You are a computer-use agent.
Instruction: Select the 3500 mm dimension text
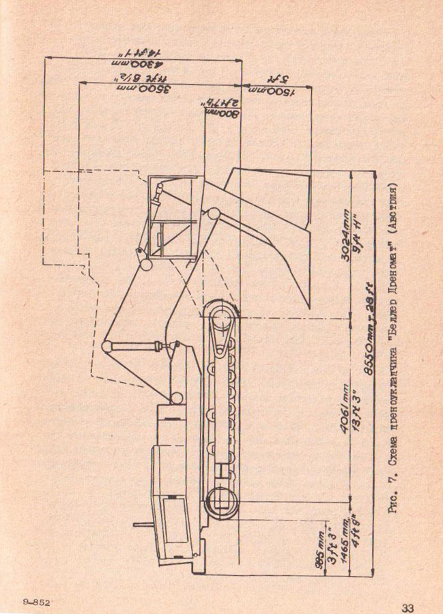(x=143, y=89)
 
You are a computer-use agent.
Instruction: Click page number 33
(x=408, y=606)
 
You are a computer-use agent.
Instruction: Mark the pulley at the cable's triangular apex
(x=107, y=347)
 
